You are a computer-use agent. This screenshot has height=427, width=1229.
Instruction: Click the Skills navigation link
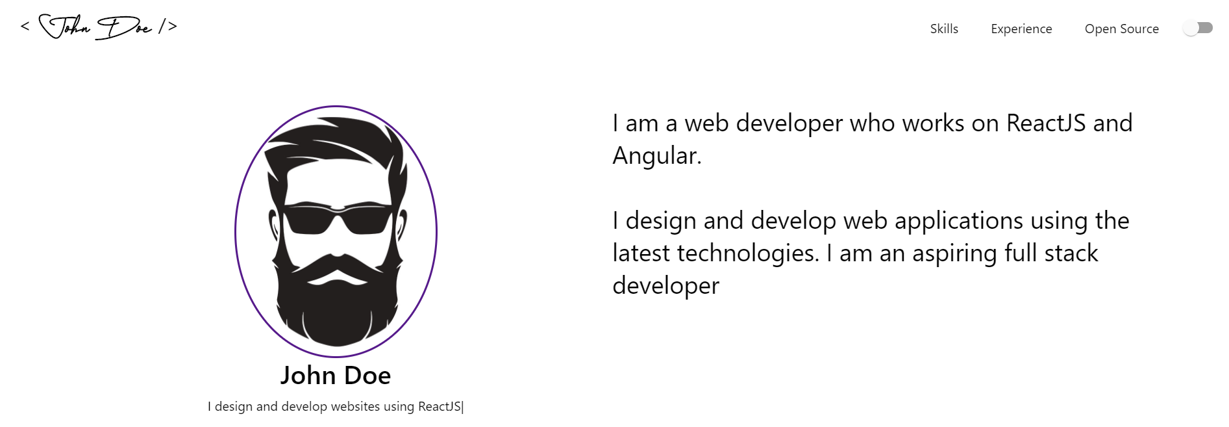point(943,29)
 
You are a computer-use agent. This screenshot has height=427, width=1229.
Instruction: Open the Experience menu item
point(1021,29)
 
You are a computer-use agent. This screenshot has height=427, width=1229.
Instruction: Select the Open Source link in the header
point(1121,29)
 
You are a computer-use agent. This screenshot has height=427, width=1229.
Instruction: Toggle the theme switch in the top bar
point(1197,28)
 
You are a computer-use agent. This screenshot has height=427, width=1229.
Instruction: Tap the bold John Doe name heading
point(336,376)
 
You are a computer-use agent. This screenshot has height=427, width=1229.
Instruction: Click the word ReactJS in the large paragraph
point(1046,123)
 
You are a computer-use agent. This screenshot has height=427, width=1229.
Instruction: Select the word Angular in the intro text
point(656,156)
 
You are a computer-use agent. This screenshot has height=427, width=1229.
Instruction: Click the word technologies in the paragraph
point(748,253)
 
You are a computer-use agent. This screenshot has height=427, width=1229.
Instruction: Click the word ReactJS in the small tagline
point(440,407)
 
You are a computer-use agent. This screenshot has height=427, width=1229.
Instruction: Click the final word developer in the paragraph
point(665,286)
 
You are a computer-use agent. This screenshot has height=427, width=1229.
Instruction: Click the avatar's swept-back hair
point(331,140)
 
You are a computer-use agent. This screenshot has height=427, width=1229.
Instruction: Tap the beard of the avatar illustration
point(336,312)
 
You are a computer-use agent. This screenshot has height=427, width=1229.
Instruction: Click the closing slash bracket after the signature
point(168,27)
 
